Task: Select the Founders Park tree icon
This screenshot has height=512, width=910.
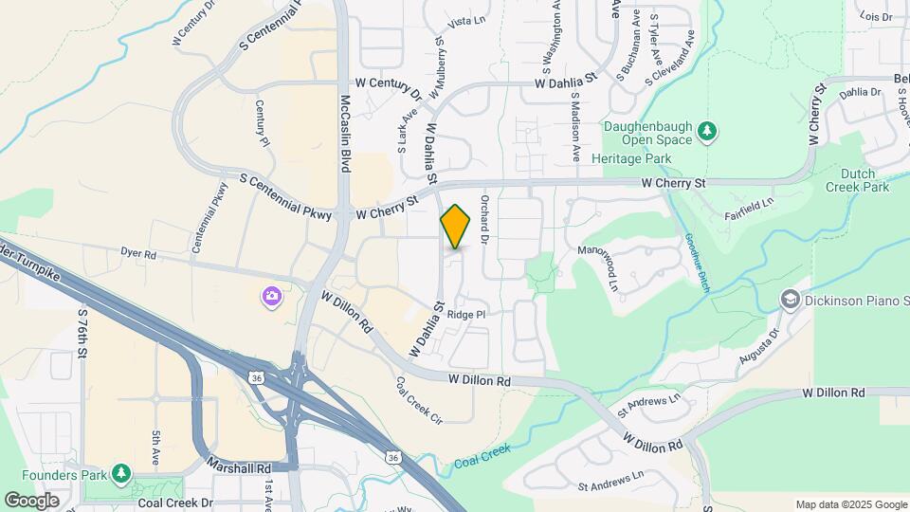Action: point(120,472)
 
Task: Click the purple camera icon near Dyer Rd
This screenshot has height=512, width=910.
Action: point(272,298)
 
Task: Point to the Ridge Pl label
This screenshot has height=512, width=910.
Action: point(465,315)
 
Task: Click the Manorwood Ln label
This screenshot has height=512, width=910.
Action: point(613,271)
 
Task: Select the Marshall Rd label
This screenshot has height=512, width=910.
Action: point(238,467)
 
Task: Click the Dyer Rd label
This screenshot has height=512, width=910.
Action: point(137,253)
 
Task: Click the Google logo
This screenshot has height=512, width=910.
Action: point(31,500)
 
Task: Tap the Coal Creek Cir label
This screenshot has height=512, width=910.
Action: point(419,400)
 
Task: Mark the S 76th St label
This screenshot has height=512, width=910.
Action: point(83,331)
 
